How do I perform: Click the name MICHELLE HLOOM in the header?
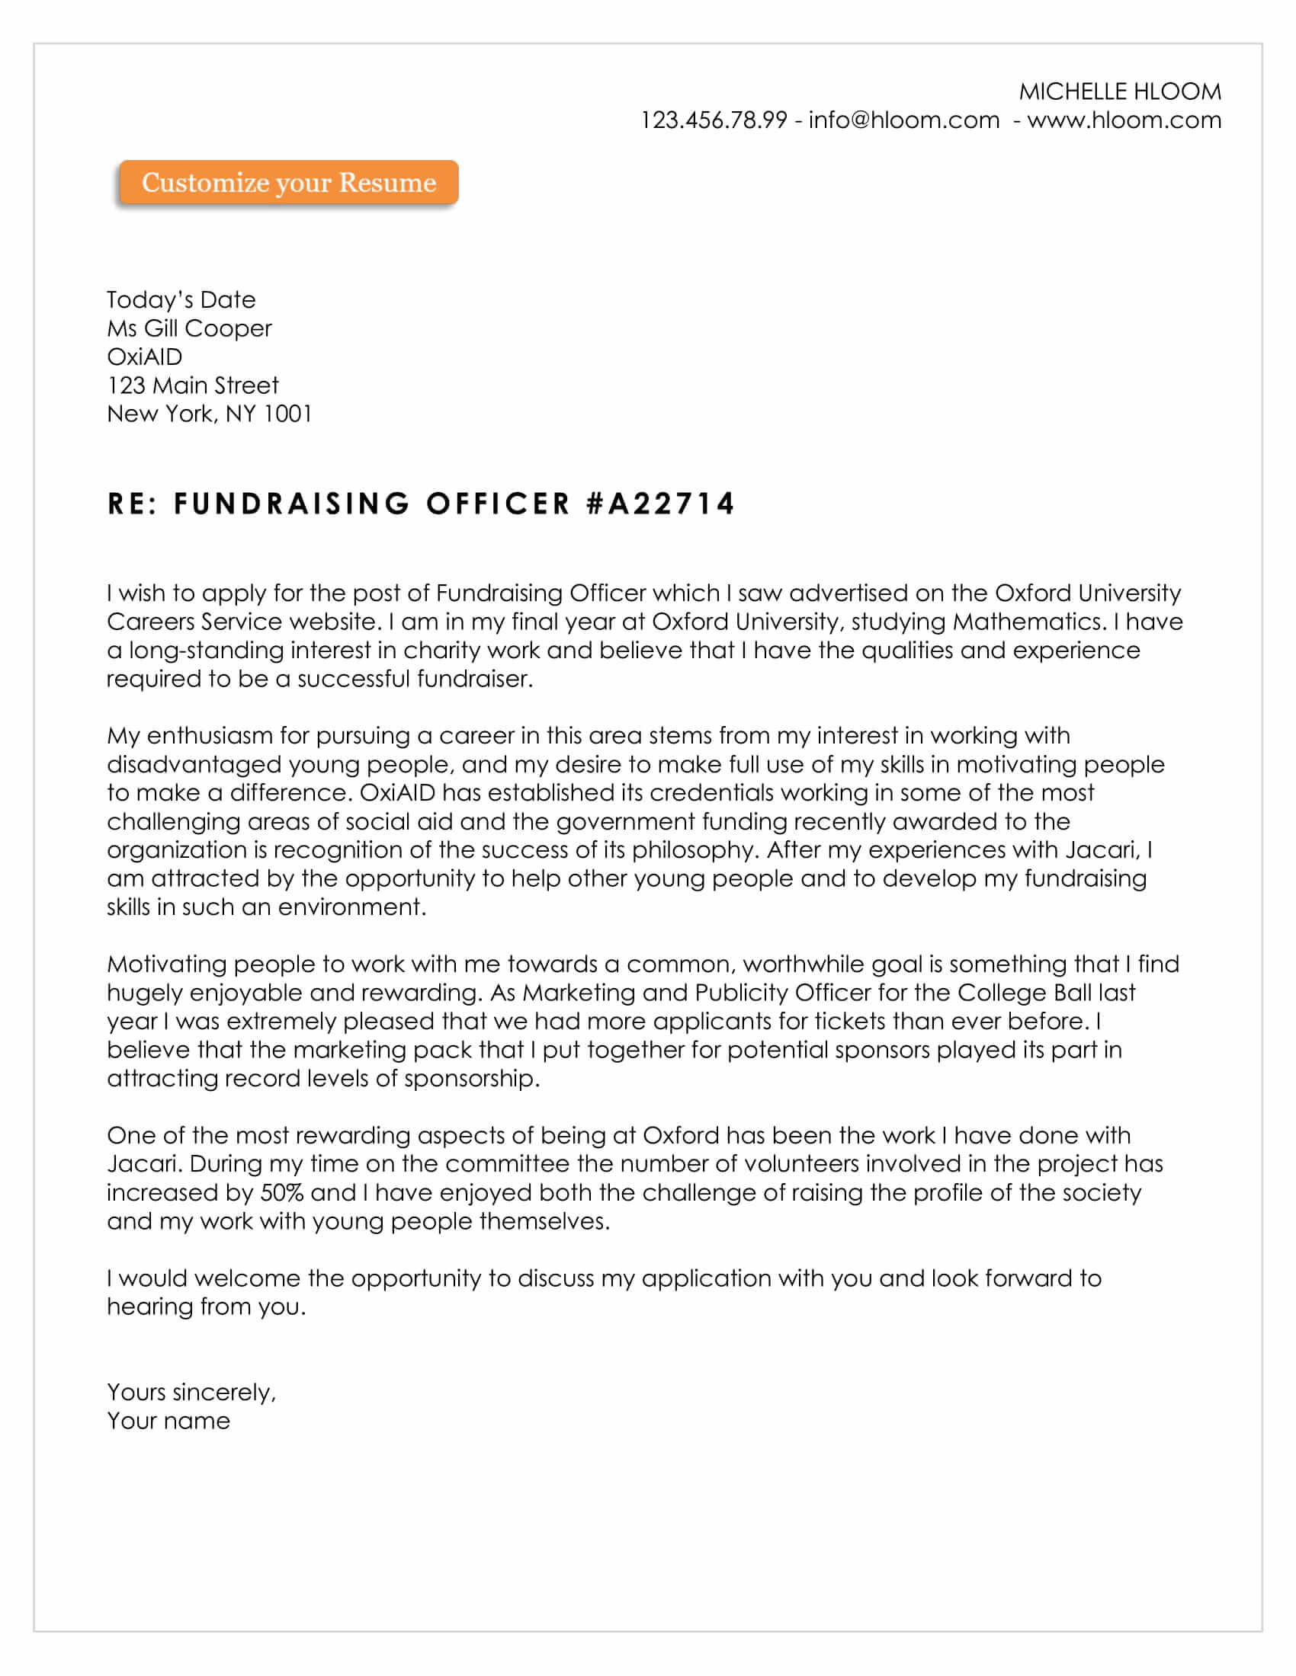(x=1119, y=92)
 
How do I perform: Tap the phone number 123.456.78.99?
(x=714, y=120)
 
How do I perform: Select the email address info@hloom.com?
(x=903, y=120)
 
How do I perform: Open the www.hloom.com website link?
(x=1124, y=120)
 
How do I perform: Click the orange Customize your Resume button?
(x=289, y=183)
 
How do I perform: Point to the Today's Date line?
(x=181, y=300)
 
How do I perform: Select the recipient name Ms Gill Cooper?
(x=189, y=328)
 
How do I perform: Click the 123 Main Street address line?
(x=193, y=385)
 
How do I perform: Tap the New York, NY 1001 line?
(x=209, y=414)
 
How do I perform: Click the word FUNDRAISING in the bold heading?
(x=293, y=504)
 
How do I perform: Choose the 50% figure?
(x=282, y=1192)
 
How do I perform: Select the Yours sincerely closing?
(x=191, y=1392)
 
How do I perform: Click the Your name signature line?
(x=168, y=1421)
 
